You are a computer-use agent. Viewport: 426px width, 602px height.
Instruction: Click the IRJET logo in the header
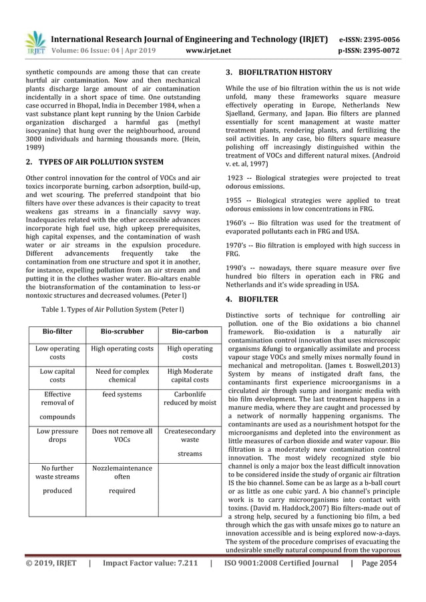pyautogui.click(x=35, y=41)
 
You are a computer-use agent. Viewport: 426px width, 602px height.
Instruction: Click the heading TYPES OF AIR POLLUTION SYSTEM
pyautogui.click(x=94, y=162)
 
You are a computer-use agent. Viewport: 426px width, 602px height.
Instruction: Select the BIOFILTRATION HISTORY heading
pyautogui.click(x=278, y=72)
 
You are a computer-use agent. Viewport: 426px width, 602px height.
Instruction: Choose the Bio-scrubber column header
pyautogui.click(x=121, y=331)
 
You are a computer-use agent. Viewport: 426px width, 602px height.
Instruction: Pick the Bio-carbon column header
pyautogui.click(x=190, y=331)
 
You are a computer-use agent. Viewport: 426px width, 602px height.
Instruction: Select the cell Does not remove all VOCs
pyautogui.click(x=121, y=436)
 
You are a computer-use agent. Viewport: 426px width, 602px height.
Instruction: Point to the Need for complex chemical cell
pyautogui.click(x=121, y=375)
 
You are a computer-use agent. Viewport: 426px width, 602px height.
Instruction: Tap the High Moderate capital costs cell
pyautogui.click(x=190, y=375)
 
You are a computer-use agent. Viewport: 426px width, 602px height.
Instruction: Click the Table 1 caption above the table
pyautogui.click(x=113, y=310)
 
